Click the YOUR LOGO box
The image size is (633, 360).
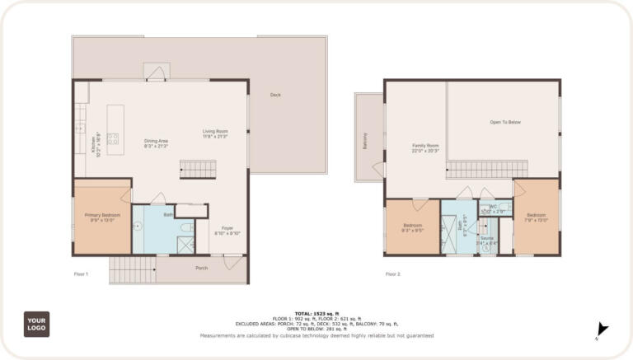click(36, 324)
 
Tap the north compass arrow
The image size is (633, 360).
click(602, 330)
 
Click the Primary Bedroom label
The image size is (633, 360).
click(102, 217)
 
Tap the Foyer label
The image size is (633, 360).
click(227, 231)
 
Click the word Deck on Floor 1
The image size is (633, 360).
click(275, 96)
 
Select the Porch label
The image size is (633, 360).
click(201, 267)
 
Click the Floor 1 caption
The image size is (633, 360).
click(81, 274)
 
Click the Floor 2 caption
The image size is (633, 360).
click(393, 274)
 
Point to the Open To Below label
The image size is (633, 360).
click(505, 122)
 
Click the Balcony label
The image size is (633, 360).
click(365, 140)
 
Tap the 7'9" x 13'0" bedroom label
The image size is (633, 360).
click(536, 217)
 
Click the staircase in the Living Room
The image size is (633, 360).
click(198, 170)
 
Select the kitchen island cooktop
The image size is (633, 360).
click(113, 138)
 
